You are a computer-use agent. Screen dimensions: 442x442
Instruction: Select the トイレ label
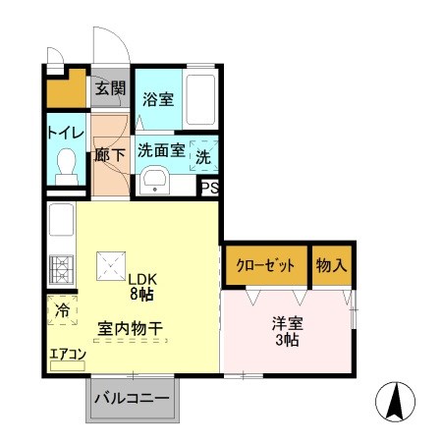coord(66,132)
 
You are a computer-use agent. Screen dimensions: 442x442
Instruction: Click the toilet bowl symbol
coord(67,164)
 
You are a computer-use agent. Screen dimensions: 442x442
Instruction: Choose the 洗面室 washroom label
coord(161,151)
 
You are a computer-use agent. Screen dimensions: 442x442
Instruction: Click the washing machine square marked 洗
coord(202,153)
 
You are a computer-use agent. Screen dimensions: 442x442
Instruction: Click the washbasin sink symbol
coord(155,182)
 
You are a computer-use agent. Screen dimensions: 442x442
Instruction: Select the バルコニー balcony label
coord(131,400)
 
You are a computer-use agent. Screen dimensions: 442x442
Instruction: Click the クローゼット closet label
coord(266,265)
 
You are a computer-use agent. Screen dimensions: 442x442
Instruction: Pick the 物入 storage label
coord(331,265)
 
